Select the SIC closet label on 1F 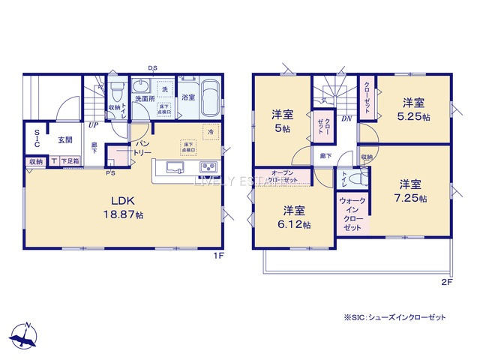pos(36,140)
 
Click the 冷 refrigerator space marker pos(211,132)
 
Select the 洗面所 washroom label pos(144,98)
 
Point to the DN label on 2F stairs pos(346,118)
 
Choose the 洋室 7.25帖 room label pos(409,191)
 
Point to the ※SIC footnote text pos(394,317)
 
